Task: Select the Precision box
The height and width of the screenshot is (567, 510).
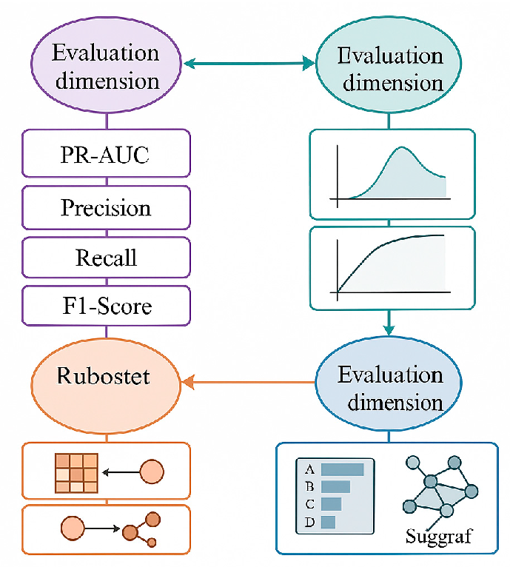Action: click(106, 208)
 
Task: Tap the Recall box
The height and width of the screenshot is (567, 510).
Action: click(106, 258)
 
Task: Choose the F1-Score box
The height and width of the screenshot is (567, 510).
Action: click(106, 305)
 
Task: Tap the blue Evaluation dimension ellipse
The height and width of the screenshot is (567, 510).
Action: click(390, 389)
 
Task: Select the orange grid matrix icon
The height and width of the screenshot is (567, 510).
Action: click(76, 472)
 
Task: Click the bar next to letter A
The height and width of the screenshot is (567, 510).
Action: click(343, 469)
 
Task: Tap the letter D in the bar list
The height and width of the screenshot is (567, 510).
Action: click(309, 523)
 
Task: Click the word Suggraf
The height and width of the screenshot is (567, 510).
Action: click(439, 535)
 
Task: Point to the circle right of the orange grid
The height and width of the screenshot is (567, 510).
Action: click(152, 472)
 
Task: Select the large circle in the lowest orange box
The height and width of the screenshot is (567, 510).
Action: click(73, 529)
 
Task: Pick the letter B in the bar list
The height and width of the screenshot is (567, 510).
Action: click(309, 487)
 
